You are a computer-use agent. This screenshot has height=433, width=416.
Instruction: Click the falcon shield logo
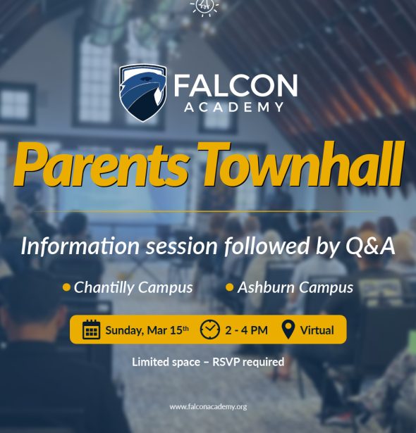click(143, 92)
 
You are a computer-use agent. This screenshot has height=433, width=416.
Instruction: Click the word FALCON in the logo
click(235, 86)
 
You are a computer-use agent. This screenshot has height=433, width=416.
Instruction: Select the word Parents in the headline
click(100, 167)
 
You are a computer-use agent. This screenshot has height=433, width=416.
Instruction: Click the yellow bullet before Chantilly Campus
click(66, 287)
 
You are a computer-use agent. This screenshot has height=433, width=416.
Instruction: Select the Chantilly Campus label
click(133, 287)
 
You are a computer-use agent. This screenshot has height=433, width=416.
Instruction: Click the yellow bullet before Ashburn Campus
click(230, 287)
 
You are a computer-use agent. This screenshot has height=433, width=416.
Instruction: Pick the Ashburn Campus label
click(295, 287)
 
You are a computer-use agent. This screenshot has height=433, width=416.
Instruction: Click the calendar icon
click(92, 330)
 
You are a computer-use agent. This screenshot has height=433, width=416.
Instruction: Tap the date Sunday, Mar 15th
click(147, 330)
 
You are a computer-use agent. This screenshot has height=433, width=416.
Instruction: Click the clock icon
click(210, 329)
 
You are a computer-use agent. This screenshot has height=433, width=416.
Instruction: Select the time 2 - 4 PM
click(246, 330)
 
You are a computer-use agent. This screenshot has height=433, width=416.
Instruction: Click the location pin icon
click(288, 329)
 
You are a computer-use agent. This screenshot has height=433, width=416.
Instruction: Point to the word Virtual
click(317, 330)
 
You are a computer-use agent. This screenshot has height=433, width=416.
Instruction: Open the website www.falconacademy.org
click(208, 407)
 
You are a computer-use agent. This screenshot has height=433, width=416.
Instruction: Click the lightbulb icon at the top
click(205, 6)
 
